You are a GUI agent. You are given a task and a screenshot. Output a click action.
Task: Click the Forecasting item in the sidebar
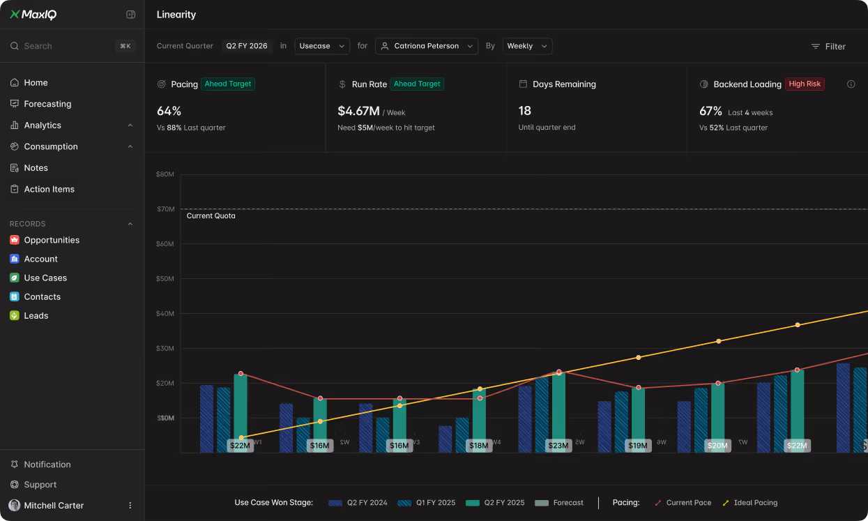coord(47,104)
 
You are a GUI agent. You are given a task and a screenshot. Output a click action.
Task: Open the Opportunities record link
coord(51,240)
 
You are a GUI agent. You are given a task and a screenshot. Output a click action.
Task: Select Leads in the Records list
coord(36,316)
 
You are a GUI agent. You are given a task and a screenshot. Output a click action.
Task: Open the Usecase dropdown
coord(322,46)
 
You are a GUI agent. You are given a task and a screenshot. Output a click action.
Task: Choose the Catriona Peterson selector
coord(426,46)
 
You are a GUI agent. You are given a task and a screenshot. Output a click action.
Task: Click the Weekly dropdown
coord(527,46)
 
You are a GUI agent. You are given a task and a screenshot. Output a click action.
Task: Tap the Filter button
coord(828,47)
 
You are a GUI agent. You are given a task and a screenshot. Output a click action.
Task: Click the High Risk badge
coord(805,84)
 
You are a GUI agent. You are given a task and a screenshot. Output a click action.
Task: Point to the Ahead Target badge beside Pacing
coord(228,84)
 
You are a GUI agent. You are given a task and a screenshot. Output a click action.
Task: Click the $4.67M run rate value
coord(358,111)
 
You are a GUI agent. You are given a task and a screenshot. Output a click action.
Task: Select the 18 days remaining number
coord(524,111)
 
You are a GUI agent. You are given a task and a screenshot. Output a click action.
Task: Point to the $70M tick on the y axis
coord(165,209)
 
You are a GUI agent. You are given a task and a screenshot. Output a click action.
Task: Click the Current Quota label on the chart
coord(211,216)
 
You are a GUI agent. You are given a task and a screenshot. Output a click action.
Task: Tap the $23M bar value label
coord(558,446)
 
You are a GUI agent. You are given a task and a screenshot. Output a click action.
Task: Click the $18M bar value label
coord(478,446)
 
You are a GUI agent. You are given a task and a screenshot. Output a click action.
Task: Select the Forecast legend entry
coord(560,503)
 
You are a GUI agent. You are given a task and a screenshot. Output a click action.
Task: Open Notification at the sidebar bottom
coord(47,465)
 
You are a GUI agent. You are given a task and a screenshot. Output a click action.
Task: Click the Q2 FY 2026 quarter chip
coord(246,46)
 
